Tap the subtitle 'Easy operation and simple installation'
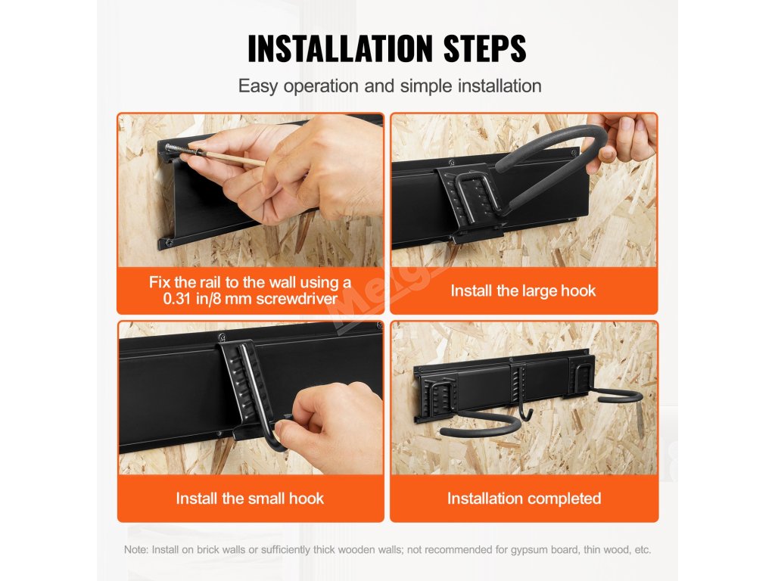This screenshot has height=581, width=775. [390, 86]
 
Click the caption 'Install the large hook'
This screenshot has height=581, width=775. [523, 290]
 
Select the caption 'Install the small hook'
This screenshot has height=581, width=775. [250, 498]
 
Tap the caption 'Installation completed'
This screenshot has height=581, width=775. [524, 498]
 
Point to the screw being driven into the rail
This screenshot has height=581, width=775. [179, 149]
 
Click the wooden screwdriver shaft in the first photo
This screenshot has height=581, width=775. [232, 158]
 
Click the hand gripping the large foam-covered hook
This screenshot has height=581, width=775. [624, 138]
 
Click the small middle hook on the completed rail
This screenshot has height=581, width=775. [522, 395]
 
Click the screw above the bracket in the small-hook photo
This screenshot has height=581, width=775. [222, 337]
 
